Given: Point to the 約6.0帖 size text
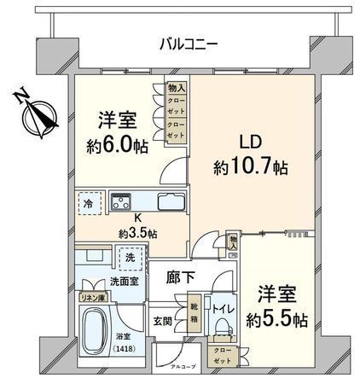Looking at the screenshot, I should coord(118,146).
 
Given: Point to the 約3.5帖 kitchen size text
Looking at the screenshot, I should coord(136,232).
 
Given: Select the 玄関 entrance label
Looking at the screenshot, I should coord(163,322).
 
